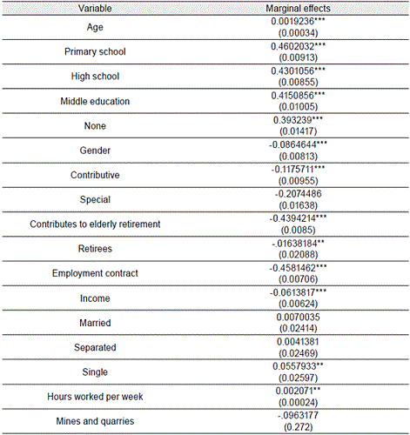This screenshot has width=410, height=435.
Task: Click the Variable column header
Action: point(97,8)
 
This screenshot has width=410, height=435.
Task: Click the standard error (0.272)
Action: point(296,427)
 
